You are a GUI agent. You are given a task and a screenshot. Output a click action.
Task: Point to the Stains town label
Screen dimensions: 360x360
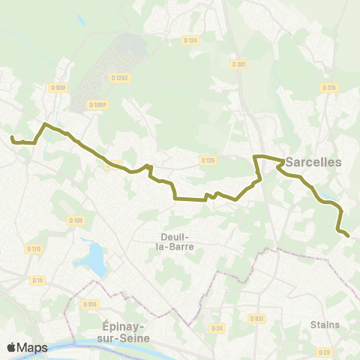(x=324, y=325)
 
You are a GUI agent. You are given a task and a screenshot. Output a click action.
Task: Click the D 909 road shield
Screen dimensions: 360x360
(x=58, y=88)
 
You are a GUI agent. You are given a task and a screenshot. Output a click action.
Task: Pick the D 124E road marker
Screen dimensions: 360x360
(x=120, y=77)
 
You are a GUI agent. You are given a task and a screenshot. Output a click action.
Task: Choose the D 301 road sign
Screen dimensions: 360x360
(x=239, y=64)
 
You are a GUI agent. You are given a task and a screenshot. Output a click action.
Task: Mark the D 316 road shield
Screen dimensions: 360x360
(x=328, y=88)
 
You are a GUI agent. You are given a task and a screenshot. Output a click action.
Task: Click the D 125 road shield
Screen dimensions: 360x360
(x=208, y=160)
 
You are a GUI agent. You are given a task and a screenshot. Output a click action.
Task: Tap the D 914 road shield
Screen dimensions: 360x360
(x=91, y=304)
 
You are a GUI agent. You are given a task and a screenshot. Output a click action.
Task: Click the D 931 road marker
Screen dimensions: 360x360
(x=257, y=318)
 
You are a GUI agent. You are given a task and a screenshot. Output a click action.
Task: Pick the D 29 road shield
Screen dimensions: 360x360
(x=324, y=352)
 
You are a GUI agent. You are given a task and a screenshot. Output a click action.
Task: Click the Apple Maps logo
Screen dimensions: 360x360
(x=27, y=347)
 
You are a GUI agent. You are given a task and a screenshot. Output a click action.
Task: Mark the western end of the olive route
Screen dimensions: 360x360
(x=12, y=138)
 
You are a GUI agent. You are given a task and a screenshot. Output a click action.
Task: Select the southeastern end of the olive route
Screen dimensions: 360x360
(x=348, y=235)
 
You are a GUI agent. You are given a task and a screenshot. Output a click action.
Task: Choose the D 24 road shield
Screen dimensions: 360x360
(x=217, y=328)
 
